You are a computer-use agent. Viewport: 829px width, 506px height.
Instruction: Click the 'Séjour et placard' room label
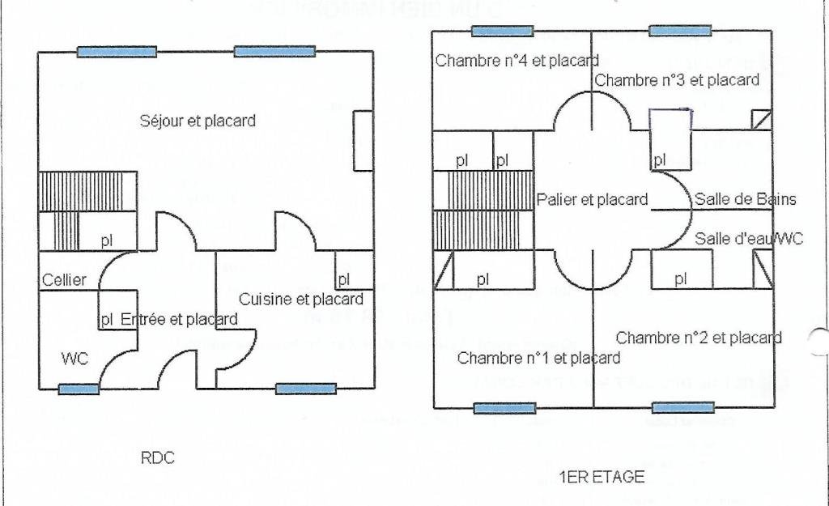[x=198, y=121]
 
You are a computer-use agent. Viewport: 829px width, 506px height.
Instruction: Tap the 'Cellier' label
[x=64, y=280]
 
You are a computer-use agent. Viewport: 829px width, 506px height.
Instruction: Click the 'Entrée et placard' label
[x=179, y=320]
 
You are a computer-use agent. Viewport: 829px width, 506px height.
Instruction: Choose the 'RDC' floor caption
[x=158, y=458]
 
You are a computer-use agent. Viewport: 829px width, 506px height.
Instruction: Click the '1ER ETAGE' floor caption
[x=602, y=477]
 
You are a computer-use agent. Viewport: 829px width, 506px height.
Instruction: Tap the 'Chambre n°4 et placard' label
[x=517, y=60]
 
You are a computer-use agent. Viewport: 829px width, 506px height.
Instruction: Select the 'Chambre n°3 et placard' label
[x=677, y=80]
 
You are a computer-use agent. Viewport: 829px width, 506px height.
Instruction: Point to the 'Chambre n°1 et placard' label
[x=538, y=358]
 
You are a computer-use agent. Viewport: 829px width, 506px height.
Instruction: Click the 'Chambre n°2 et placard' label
[x=699, y=338]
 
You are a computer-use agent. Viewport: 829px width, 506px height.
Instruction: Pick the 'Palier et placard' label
[x=593, y=199]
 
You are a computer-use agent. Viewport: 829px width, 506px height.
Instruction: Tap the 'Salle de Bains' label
[x=746, y=199]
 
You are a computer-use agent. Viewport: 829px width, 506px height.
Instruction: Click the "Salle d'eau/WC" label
[x=749, y=239]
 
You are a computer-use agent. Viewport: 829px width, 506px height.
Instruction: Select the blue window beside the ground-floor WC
[x=79, y=389]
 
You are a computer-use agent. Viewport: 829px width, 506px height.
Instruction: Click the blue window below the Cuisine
[x=305, y=389]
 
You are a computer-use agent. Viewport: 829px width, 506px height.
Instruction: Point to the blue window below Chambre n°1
[x=504, y=408]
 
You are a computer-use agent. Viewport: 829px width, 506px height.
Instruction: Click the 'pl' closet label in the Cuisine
[x=344, y=279]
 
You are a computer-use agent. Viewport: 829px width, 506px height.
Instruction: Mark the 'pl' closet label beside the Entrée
[x=106, y=320]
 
